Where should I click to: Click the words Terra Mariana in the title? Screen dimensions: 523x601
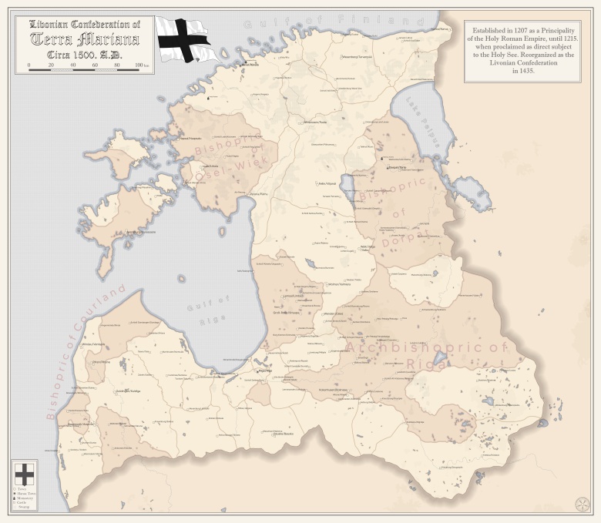coord(85,39)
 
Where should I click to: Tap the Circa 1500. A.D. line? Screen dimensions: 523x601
coord(85,54)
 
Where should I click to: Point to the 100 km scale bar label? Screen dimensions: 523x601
coord(141,65)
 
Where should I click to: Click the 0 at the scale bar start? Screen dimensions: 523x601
coord(29,65)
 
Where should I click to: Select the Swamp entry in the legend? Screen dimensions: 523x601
coord(23,507)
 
